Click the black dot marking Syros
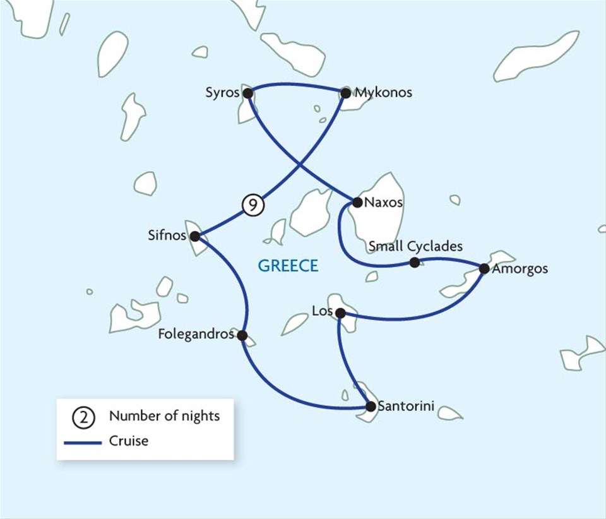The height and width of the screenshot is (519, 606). (x=248, y=93)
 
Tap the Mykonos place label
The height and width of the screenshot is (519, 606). (x=383, y=93)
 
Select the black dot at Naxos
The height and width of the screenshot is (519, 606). (x=357, y=203)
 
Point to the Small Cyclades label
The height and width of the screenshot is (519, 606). (x=415, y=246)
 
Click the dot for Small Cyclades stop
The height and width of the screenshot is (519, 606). (x=414, y=262)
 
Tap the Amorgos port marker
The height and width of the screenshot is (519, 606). (x=484, y=268)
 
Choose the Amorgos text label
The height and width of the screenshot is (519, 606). (x=521, y=269)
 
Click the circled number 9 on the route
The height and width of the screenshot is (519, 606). (x=252, y=205)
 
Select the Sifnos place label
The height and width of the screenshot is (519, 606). (x=166, y=236)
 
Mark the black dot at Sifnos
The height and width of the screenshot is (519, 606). (x=195, y=237)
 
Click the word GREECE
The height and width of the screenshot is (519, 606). (x=288, y=266)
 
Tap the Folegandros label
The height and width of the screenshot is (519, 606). (x=197, y=334)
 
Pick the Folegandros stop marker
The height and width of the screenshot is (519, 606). (x=242, y=335)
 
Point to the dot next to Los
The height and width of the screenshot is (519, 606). (x=340, y=313)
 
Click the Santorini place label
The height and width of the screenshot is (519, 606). (x=406, y=407)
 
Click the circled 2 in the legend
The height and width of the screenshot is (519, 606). (x=83, y=417)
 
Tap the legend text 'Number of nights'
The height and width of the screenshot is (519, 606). (x=164, y=416)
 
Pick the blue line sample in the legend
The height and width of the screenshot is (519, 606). (x=83, y=441)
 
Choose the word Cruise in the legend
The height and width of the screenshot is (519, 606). (x=129, y=441)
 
